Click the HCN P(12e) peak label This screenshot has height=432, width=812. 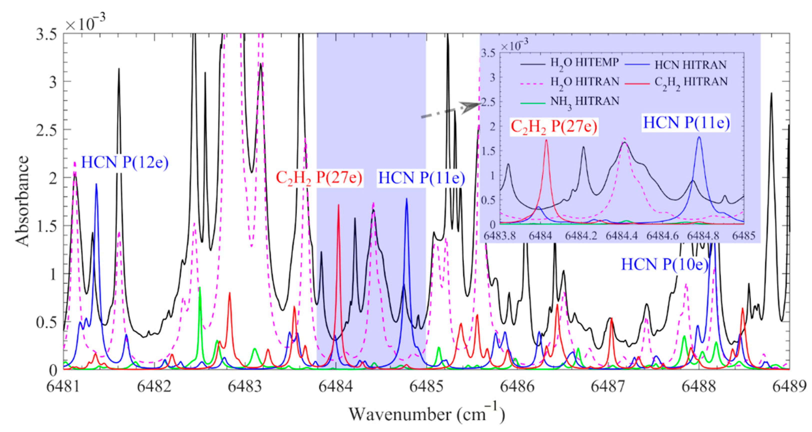pyautogui.click(x=125, y=163)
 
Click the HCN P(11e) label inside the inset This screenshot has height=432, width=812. pyautogui.click(x=686, y=123)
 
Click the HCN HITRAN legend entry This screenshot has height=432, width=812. pyautogui.click(x=690, y=65)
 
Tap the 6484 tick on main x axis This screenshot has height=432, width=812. pyautogui.click(x=336, y=386)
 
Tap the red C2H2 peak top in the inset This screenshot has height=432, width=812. pyautogui.click(x=546, y=140)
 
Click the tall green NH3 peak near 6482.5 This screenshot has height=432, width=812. pyautogui.click(x=200, y=287)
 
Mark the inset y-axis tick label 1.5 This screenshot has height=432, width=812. pyautogui.click(x=488, y=151)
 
